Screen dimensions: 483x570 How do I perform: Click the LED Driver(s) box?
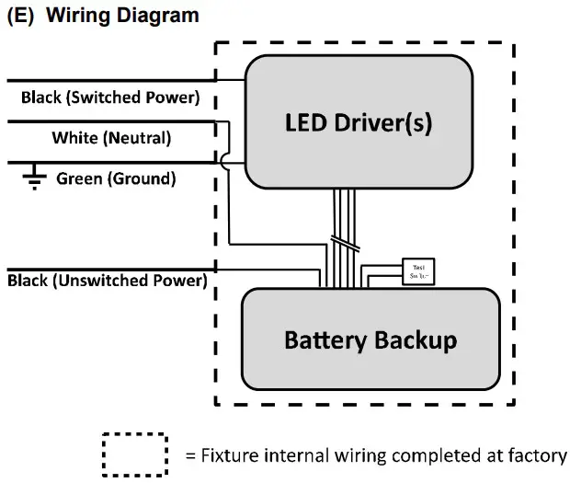coord(359,156)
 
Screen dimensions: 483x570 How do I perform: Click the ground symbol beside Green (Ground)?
coord(35,180)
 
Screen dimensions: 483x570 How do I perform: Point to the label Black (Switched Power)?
coord(108,98)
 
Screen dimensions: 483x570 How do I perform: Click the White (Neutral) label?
coord(111,138)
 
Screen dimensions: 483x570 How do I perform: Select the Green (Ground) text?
coord(116,178)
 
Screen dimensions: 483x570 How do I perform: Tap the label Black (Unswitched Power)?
coord(107,280)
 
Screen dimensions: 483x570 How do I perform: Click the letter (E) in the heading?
coord(21,16)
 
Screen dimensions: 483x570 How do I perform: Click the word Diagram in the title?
coord(157,16)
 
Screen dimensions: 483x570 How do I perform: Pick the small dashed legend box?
coord(134,454)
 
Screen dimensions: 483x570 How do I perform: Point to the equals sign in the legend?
coord(190,455)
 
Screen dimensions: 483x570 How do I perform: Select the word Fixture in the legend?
coord(230,455)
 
